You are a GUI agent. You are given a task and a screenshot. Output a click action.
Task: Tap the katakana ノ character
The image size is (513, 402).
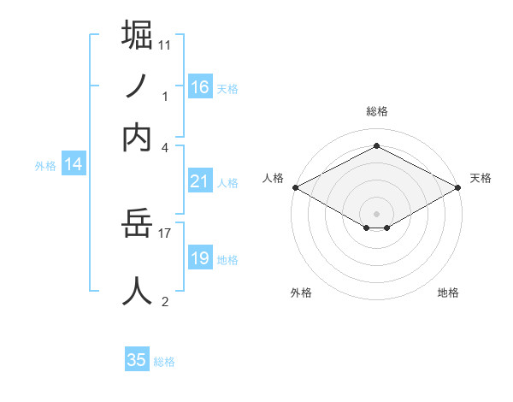pyautogui.click(x=138, y=86)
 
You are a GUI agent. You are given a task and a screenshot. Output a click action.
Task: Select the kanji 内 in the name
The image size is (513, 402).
pyautogui.click(x=138, y=138)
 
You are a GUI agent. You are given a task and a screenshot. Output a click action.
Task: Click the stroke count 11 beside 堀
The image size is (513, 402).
pyautogui.click(x=165, y=44)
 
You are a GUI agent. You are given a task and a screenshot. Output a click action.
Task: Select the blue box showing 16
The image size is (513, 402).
pyautogui.click(x=200, y=87)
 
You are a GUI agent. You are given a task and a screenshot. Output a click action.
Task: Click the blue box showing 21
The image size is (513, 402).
pyautogui.click(x=200, y=181)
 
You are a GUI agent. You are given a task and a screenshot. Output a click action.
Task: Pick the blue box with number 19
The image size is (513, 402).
pyautogui.click(x=200, y=258)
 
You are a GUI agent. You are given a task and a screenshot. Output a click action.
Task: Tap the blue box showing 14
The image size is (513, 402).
pyautogui.click(x=74, y=165)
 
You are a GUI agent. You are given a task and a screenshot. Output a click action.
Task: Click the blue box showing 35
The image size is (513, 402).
pyautogui.click(x=137, y=360)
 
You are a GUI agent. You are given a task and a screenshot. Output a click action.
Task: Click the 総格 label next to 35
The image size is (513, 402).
pyautogui.click(x=164, y=362)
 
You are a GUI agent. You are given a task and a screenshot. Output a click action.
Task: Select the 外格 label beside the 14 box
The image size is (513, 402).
pyautogui.click(x=45, y=166)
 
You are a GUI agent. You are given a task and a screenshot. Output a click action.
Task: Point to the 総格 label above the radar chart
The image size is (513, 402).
pyautogui.click(x=376, y=111)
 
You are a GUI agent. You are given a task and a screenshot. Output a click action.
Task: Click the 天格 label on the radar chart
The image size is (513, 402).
pyautogui.click(x=481, y=178)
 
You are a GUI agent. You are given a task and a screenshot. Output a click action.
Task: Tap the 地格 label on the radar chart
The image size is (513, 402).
pyautogui.click(x=448, y=293)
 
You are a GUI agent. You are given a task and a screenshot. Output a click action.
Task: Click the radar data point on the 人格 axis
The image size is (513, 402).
pyautogui.click(x=295, y=187)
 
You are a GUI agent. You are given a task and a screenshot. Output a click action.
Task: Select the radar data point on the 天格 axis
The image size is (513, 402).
pyautogui.click(x=459, y=187)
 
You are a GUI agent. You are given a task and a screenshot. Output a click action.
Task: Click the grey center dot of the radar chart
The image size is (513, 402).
pyautogui.click(x=376, y=213)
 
